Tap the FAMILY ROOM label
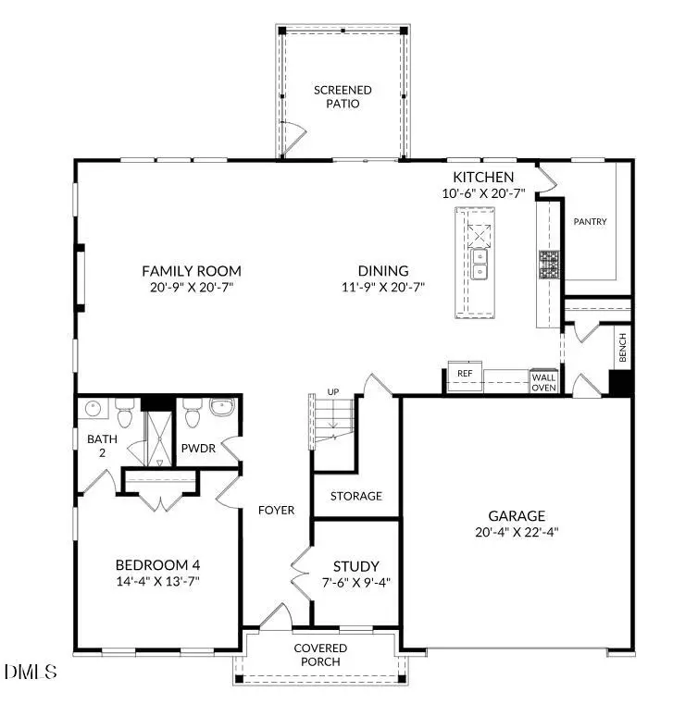192,271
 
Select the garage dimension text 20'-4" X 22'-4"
517,532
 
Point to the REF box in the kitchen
465,373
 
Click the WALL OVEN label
542,381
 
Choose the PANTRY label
590,222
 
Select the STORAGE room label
356,496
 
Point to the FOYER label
277,510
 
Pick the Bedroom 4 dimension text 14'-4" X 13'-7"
157,581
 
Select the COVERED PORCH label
320,655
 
